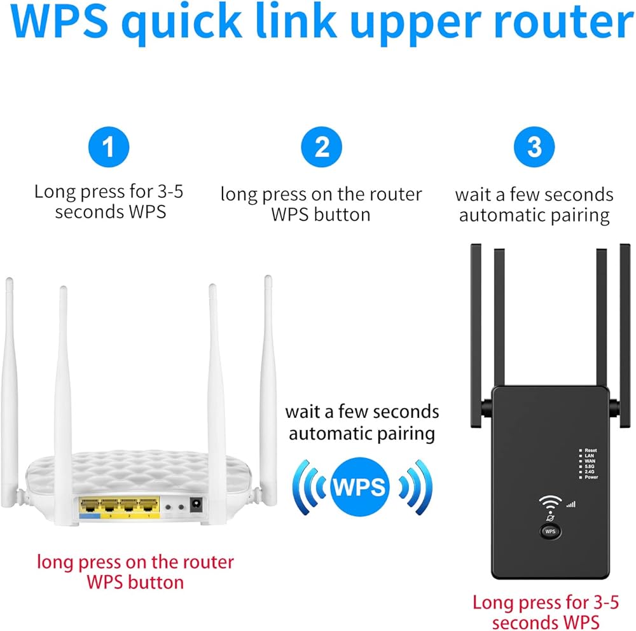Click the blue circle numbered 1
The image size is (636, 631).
(x=109, y=148)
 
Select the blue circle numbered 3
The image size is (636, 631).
(x=534, y=148)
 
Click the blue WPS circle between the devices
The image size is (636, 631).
(x=360, y=487)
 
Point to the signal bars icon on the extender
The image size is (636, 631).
(x=570, y=504)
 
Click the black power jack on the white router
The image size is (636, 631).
(x=197, y=507)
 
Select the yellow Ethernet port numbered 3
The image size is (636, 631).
(x=109, y=507)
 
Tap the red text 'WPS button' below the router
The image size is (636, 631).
(x=135, y=581)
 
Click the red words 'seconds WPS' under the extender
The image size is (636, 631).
(x=546, y=621)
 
